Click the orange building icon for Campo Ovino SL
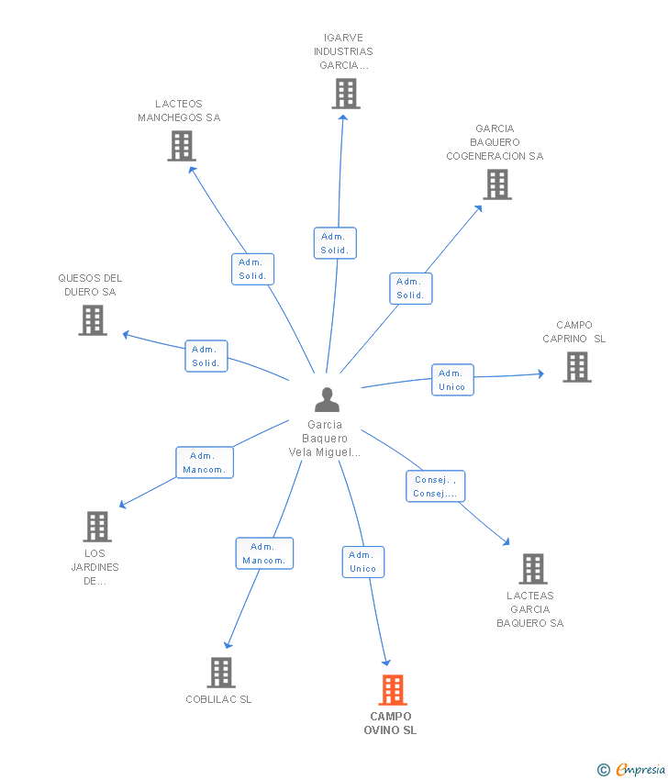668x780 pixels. [x=392, y=689]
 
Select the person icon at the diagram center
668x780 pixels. [x=327, y=400]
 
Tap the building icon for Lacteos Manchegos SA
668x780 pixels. [x=182, y=146]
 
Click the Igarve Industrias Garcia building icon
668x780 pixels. [x=346, y=94]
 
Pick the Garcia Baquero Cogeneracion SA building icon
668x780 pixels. [x=496, y=184]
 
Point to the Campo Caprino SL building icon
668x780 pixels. [x=576, y=367]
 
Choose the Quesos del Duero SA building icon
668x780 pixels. [x=93, y=320]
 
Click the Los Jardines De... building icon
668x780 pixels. [x=97, y=527]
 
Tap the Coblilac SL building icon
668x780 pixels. [x=221, y=673]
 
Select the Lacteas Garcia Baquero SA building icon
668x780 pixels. [x=532, y=569]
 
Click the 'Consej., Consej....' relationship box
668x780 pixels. [x=435, y=486]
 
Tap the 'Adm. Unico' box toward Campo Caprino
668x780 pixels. [x=452, y=380]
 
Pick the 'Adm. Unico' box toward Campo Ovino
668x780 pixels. [x=362, y=562]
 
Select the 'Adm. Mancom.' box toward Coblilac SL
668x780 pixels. [x=264, y=553]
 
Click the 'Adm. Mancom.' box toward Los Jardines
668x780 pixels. [x=204, y=462]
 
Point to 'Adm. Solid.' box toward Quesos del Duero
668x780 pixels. [x=206, y=356]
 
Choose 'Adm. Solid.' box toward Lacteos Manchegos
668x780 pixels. [x=252, y=269]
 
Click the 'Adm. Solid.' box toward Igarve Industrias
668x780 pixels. [x=334, y=243]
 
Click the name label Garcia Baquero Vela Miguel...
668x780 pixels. [x=325, y=439]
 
